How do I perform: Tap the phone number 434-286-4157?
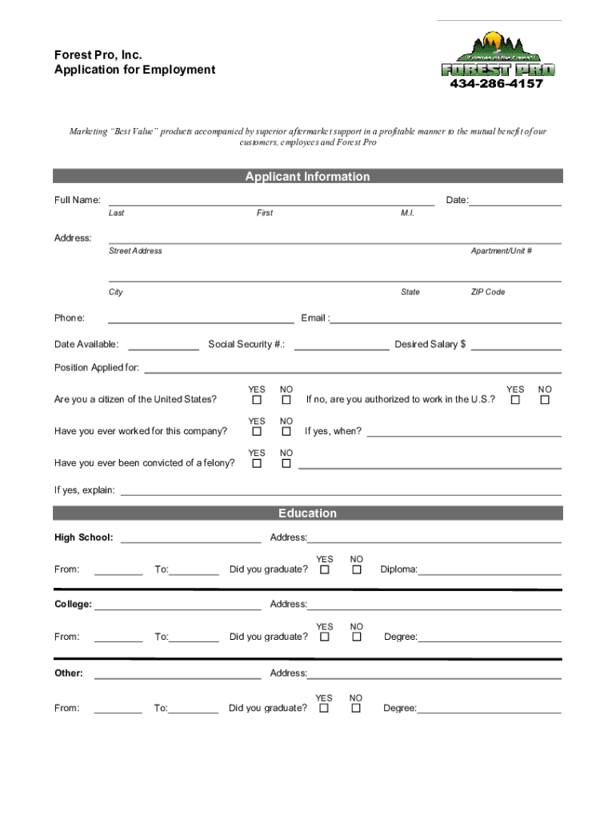pyautogui.click(x=496, y=83)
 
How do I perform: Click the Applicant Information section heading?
pyautogui.click(x=307, y=177)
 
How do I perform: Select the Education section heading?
pyautogui.click(x=307, y=513)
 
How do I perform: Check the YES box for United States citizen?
pyautogui.click(x=257, y=399)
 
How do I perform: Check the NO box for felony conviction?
pyautogui.click(x=286, y=463)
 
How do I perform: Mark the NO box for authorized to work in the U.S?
pyautogui.click(x=545, y=399)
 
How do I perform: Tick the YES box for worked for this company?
pyautogui.click(x=257, y=431)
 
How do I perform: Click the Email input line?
pyautogui.click(x=446, y=319)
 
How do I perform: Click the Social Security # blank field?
pyautogui.click(x=341, y=346)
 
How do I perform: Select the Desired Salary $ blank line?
pyautogui.click(x=516, y=346)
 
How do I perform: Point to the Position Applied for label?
pyautogui.click(x=97, y=368)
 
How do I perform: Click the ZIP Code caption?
pyautogui.click(x=487, y=292)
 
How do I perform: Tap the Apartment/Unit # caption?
pyautogui.click(x=502, y=250)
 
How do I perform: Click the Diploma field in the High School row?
pyautogui.click(x=490, y=570)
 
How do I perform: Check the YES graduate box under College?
pyautogui.click(x=325, y=637)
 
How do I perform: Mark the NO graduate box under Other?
pyautogui.click(x=356, y=708)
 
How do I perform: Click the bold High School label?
pyautogui.click(x=83, y=537)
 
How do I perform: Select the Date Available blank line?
pyautogui.click(x=163, y=346)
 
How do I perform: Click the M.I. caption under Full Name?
pyautogui.click(x=407, y=213)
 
